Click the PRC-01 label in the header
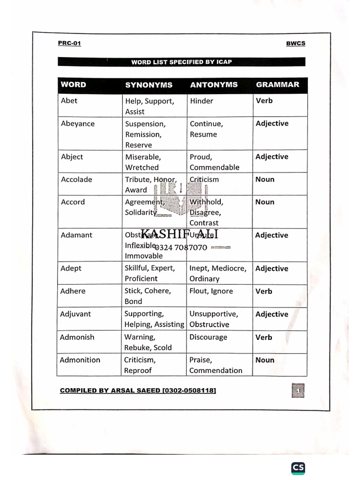pos(69,43)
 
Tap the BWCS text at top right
pos(295,44)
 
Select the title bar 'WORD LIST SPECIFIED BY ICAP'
pos(181,62)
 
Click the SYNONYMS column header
pos(149,85)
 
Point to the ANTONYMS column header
pos(214,85)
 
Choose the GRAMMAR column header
pos(277,84)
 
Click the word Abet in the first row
pos(69,100)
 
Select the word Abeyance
pos(78,124)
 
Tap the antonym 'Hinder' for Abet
pos(202,101)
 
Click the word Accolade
pos(76,179)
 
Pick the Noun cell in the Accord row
pos(265,202)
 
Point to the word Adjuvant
pos(75,314)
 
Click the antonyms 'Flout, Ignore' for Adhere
pos(211,291)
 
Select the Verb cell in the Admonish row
pos(263,337)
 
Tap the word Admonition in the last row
pos(80,360)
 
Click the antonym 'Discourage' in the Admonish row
pos(208,337)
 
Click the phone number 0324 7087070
pos(180,247)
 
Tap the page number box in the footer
pos(298,390)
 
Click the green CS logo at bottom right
pos(298,467)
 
